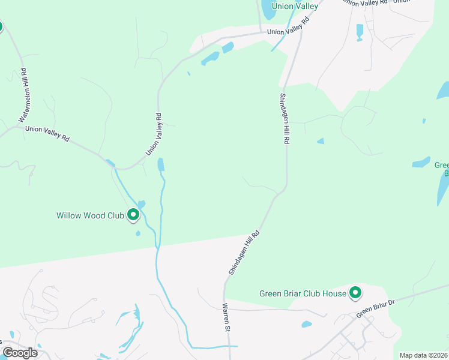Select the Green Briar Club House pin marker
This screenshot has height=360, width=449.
pos(355,293)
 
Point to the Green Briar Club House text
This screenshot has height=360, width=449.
pos(303,293)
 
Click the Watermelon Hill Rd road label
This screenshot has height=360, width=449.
pos(22,95)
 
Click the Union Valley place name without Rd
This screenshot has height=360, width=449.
pos(294,6)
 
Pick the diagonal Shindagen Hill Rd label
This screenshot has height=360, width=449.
pos(244,253)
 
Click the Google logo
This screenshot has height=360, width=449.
pos(19,353)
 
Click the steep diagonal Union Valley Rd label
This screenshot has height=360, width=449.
pos(154,135)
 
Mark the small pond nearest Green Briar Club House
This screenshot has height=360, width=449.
pos(306,325)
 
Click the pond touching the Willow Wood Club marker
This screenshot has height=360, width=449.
pos(141,205)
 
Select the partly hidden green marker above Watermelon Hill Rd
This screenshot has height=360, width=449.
pos(1,26)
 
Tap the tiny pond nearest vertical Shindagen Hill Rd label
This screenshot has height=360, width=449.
pos(320,141)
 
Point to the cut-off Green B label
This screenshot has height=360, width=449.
pos(442,169)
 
